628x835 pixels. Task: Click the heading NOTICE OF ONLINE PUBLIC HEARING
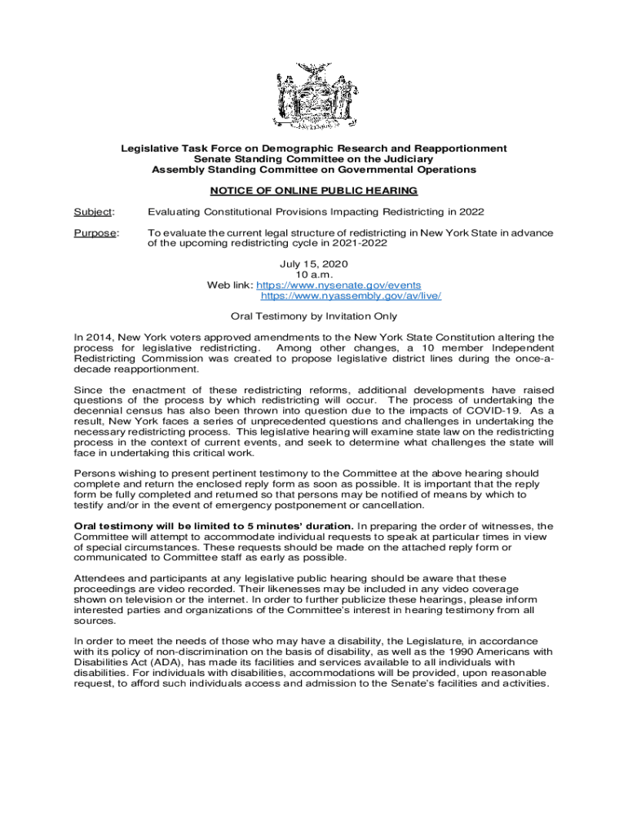pyautogui.click(x=314, y=191)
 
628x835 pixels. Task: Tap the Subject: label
pyautogui.click(x=90, y=212)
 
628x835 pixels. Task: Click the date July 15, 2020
pyautogui.click(x=314, y=265)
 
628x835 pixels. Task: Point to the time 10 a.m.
pyautogui.click(x=314, y=276)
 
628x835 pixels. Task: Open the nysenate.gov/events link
pyautogui.click(x=338, y=285)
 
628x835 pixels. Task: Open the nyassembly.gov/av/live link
pyautogui.click(x=351, y=296)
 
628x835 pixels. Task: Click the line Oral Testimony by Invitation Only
pyautogui.click(x=314, y=316)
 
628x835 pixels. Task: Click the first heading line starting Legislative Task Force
pyautogui.click(x=314, y=148)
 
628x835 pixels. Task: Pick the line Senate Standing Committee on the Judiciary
pyautogui.click(x=314, y=159)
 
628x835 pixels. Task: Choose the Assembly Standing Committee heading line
pyautogui.click(x=314, y=170)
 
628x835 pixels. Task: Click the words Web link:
pyautogui.click(x=230, y=285)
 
